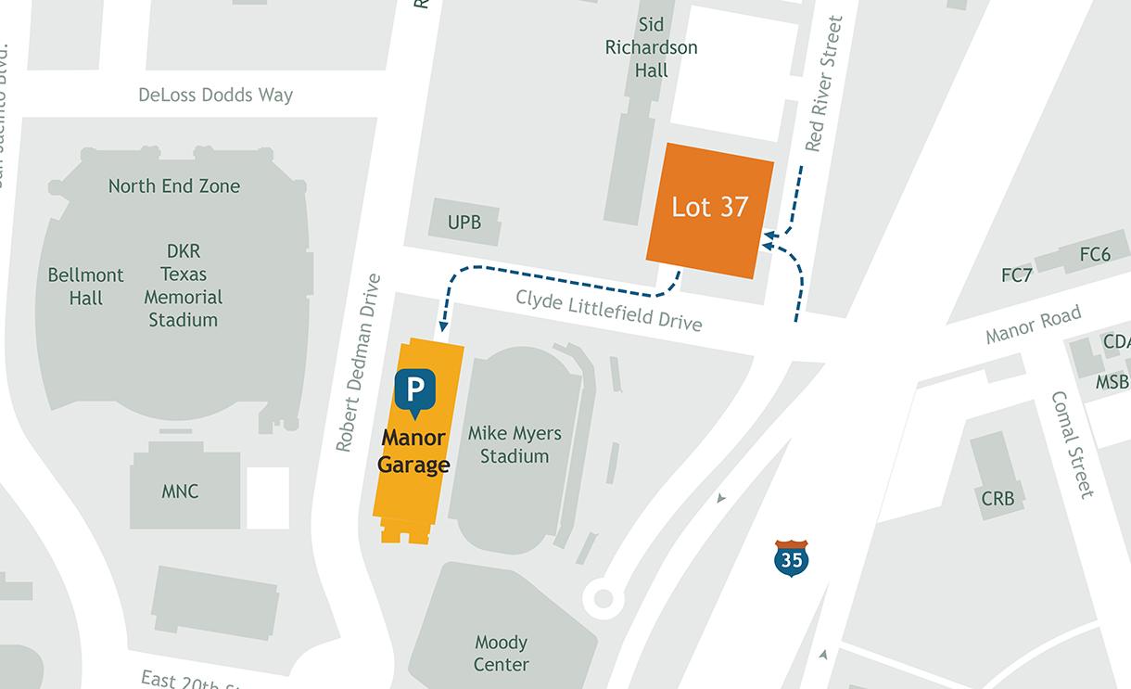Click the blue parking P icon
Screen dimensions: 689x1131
coord(414,389)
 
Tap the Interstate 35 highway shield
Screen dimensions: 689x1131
coord(791,558)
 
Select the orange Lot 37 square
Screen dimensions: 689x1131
coord(710,210)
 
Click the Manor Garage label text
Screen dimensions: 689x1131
coord(413,452)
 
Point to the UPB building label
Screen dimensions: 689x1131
coord(464,223)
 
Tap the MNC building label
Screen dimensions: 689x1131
coord(180,491)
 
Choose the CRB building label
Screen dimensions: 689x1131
coord(998,499)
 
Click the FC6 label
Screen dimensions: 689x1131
coord(1095,254)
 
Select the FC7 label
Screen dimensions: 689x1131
coord(1017,275)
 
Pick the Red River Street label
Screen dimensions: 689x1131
coord(824,83)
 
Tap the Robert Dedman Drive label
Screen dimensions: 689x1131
coord(359,363)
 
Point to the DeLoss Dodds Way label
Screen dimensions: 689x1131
coord(215,95)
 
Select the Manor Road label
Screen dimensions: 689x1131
coord(1034,325)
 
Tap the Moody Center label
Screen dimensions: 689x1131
coord(501,654)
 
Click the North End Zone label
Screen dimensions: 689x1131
coord(173,185)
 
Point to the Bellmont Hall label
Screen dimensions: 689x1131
coord(85,287)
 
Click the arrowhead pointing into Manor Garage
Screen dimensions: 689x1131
coord(444,325)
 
